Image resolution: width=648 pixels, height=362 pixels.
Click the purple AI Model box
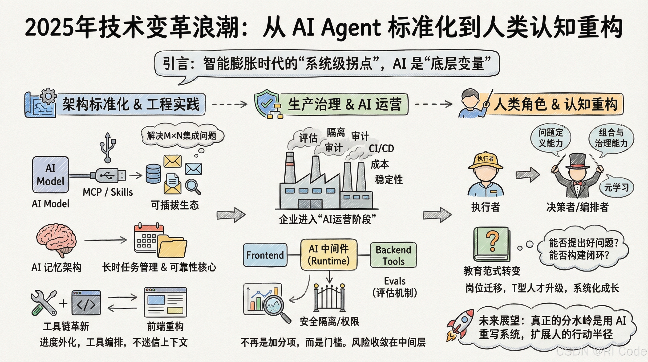51,174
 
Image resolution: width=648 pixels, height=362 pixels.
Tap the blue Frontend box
265,255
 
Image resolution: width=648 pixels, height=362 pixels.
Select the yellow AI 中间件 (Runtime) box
329,255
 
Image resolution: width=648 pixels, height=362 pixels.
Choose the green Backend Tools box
393,255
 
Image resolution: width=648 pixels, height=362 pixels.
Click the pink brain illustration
56,239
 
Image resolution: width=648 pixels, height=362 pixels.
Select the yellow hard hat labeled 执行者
486,161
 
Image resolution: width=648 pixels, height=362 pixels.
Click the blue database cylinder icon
153,174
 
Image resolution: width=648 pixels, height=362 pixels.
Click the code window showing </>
86,303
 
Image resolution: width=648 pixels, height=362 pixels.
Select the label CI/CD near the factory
381,148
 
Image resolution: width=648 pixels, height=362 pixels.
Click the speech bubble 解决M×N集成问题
182,136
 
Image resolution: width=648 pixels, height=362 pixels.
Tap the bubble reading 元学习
616,187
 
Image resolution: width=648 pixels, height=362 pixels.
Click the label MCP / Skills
108,192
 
